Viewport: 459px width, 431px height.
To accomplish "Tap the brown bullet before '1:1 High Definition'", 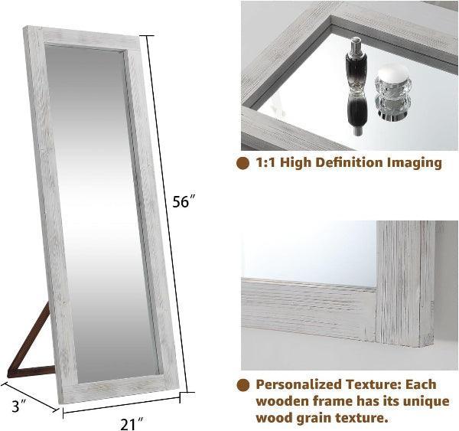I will coord(243,163).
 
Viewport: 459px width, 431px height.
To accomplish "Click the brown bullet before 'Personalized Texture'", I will coord(243,384).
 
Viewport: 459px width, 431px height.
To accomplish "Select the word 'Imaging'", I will coord(413,162).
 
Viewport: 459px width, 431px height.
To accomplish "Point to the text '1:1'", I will coord(266,162).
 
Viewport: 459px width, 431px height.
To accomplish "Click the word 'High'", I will coord(297,162).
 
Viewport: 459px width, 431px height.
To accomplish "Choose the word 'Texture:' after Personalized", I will coord(373,384).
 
